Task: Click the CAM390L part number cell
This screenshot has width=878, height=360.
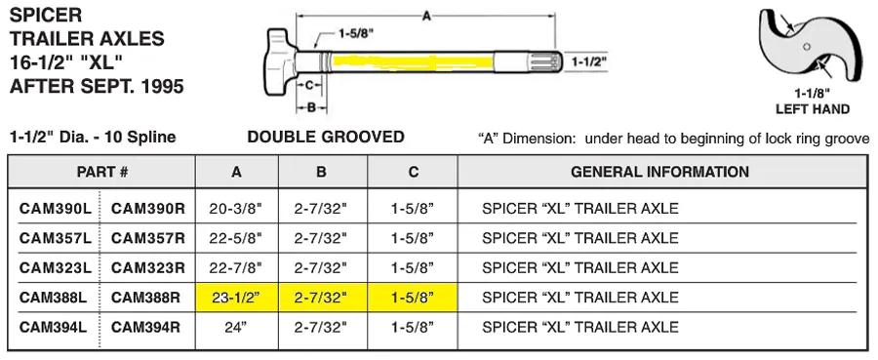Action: (55, 208)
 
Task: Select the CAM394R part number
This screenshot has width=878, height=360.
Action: (148, 327)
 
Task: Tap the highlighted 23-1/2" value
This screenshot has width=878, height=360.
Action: (237, 298)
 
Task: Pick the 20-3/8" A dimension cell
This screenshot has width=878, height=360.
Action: (237, 208)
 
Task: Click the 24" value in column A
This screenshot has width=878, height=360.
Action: (237, 327)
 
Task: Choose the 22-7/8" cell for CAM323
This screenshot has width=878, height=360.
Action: (237, 267)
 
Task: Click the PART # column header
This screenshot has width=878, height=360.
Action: (102, 172)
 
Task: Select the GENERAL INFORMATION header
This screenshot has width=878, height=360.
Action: (659, 172)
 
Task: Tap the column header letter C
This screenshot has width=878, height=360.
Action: (414, 172)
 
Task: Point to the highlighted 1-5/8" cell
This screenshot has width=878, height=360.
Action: (414, 298)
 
